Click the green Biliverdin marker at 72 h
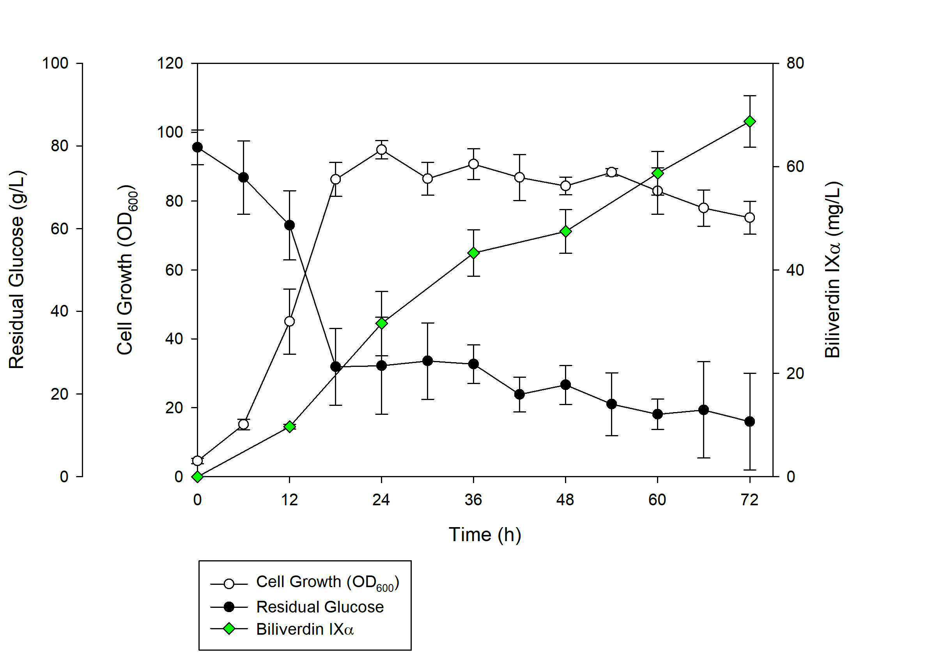click(x=749, y=122)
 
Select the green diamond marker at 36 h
click(x=473, y=253)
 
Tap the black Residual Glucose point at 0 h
click(x=197, y=147)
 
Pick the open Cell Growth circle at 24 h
click(x=381, y=149)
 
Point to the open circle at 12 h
click(x=289, y=321)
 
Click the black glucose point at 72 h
click(x=749, y=421)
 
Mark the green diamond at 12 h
click(x=289, y=427)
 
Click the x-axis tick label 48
click(x=565, y=500)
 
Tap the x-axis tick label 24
click(x=381, y=500)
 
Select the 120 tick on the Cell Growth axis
click(x=170, y=63)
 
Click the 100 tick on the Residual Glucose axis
click(x=55, y=63)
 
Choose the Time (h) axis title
click(x=485, y=535)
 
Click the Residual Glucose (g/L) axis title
click(x=16, y=270)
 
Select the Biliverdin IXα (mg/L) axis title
click(x=833, y=270)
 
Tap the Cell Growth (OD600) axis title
click(x=126, y=270)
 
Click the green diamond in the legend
click(x=229, y=628)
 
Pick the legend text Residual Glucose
click(x=320, y=607)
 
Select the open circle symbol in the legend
click(x=229, y=584)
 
